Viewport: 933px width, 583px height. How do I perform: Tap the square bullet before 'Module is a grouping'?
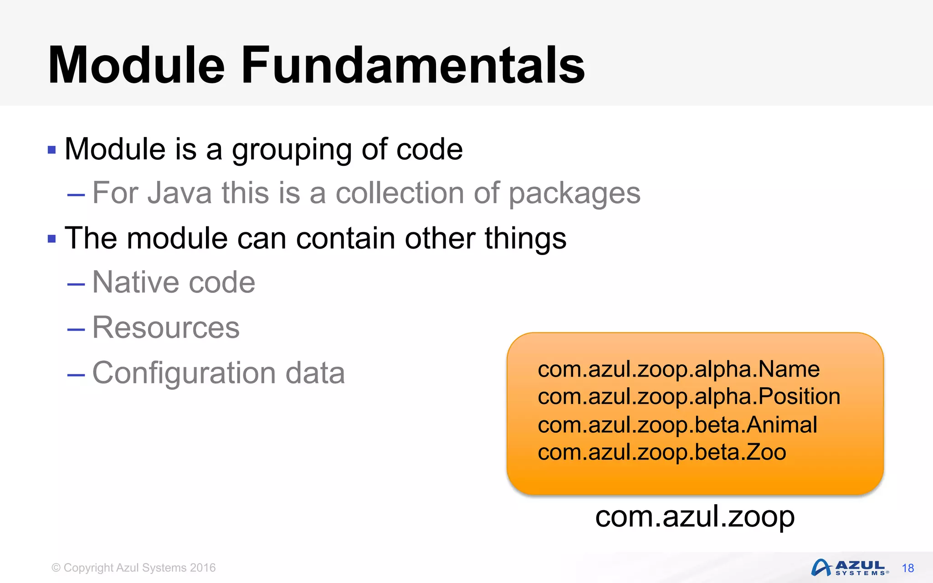coord(51,149)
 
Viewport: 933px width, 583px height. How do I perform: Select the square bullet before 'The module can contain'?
coord(51,238)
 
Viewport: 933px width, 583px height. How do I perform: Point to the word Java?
coord(179,193)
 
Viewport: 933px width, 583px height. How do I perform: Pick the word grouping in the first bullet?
coord(292,150)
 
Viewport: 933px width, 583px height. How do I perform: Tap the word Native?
coord(135,282)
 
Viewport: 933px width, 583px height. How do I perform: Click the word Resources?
coord(166,327)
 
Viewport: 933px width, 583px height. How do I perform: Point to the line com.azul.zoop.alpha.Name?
coord(678,369)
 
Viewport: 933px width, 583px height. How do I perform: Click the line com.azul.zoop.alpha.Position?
coord(688,396)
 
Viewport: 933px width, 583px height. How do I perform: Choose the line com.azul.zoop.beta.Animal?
coord(677,424)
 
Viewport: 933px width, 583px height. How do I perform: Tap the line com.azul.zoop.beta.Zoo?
coord(661,452)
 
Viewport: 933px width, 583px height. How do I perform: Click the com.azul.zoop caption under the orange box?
coord(695,517)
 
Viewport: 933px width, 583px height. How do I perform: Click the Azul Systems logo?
coord(849,568)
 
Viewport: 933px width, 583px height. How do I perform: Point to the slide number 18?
coord(908,568)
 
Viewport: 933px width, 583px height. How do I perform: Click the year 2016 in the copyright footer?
coord(203,568)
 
